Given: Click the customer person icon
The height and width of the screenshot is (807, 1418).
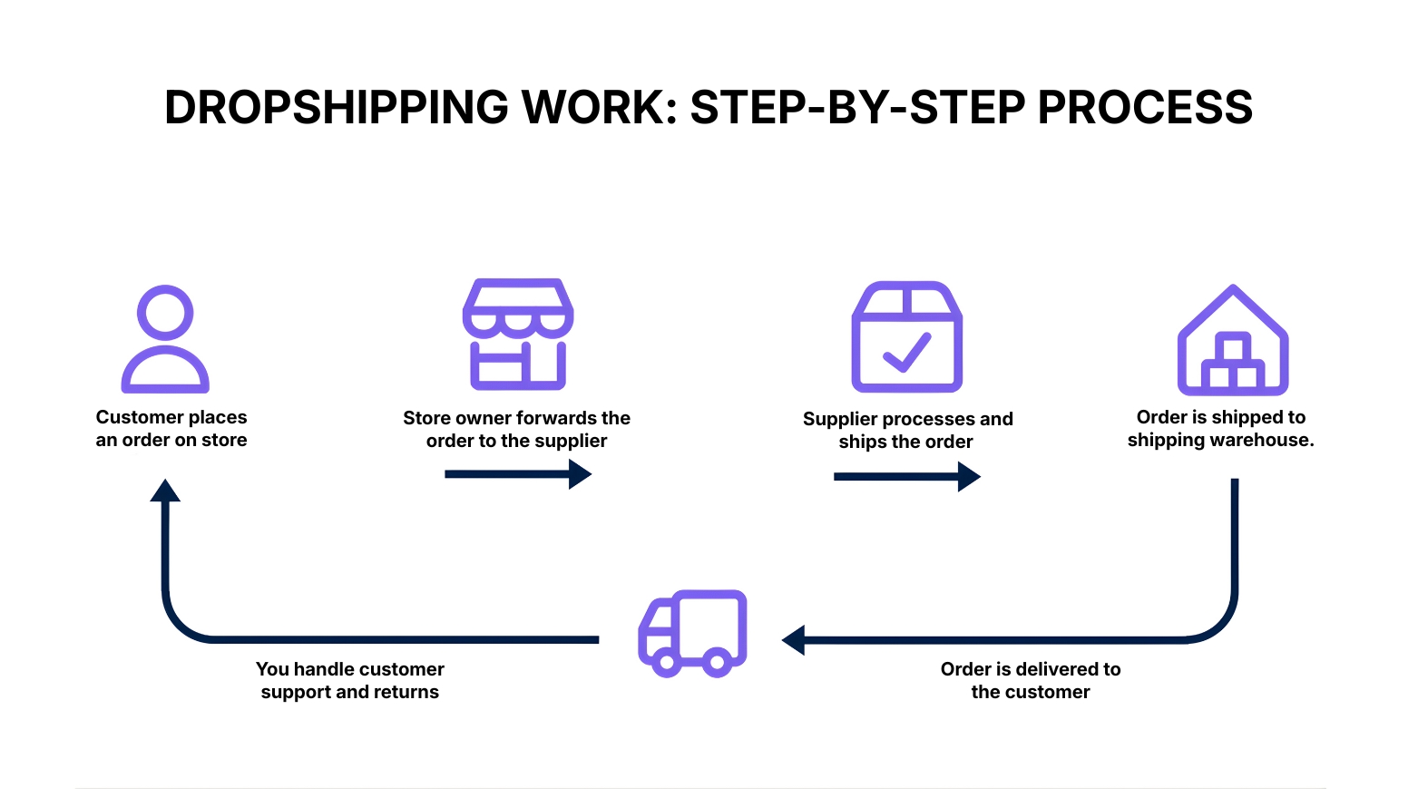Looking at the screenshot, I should click(x=165, y=340).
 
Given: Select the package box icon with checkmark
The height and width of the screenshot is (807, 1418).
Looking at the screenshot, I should click(x=906, y=337).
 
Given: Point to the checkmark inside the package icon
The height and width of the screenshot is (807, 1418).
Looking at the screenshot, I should click(x=907, y=353).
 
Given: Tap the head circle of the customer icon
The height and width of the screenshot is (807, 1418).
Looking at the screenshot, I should click(x=165, y=314).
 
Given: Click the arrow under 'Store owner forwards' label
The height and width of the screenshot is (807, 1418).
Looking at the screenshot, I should click(x=518, y=473).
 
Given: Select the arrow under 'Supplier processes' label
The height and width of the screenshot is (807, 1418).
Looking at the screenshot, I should click(x=906, y=476).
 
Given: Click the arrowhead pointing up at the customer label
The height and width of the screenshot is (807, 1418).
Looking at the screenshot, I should click(x=165, y=491).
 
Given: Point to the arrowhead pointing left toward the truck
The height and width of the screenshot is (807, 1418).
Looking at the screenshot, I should click(x=794, y=640).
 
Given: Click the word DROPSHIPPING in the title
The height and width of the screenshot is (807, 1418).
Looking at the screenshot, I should click(x=336, y=108).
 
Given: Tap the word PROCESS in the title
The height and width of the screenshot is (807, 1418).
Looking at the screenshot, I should click(x=1145, y=108).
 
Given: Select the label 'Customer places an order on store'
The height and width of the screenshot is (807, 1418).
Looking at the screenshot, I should click(x=171, y=429).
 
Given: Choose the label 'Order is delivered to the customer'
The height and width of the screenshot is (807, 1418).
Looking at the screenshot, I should click(x=1031, y=680).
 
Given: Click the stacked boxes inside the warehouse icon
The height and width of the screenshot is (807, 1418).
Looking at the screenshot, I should click(x=1233, y=364).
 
